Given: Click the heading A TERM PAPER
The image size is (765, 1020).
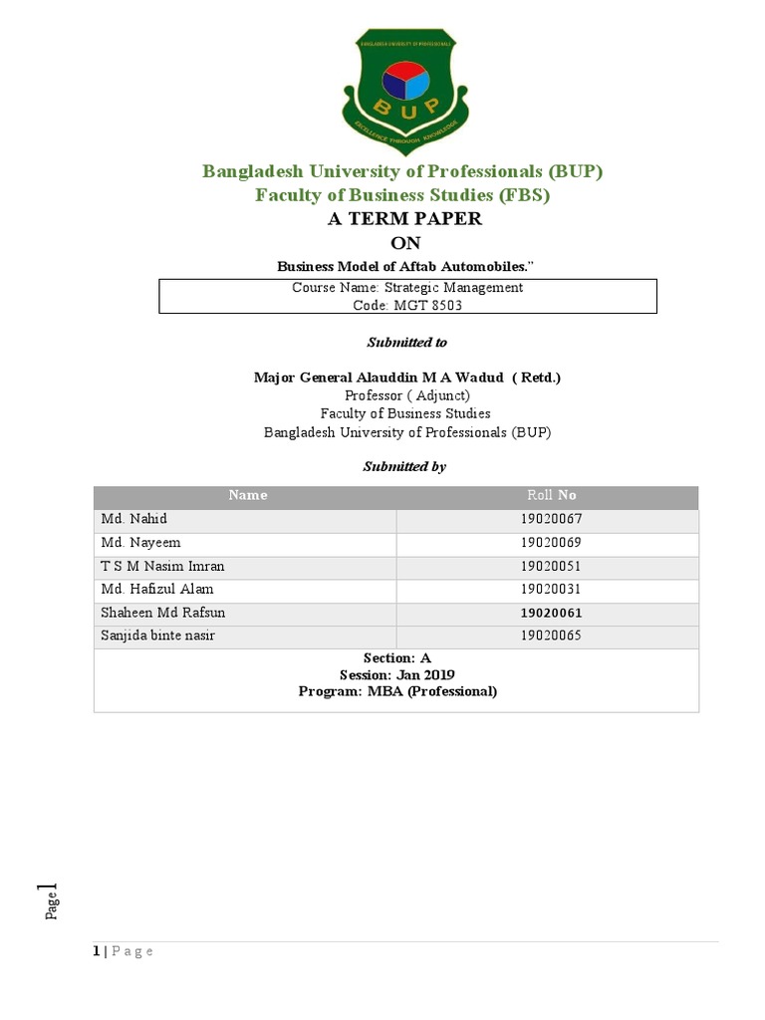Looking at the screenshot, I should (404, 219).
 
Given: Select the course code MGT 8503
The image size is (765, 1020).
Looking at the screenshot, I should (407, 305).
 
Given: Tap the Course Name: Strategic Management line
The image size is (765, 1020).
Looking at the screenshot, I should (407, 287).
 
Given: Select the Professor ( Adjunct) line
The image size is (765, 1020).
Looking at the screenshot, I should (406, 395).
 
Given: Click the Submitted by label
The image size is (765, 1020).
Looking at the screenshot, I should (404, 466).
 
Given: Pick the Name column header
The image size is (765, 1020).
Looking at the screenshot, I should (247, 495).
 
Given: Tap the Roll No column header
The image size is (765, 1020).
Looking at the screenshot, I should (551, 495).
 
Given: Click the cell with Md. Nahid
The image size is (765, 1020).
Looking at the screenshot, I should (133, 520).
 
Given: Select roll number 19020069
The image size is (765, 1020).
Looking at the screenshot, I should (550, 543).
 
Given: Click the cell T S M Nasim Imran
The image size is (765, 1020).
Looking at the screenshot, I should (163, 566).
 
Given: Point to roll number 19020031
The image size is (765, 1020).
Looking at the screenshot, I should (550, 589).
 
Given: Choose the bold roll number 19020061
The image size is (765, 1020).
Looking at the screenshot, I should (551, 613).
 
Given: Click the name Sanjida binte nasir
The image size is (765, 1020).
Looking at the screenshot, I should (159, 636).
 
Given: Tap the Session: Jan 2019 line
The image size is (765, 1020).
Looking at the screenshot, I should (397, 674).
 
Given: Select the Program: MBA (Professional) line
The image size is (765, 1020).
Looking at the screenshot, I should (397, 690).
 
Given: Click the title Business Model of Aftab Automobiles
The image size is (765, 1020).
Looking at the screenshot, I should (405, 266).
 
